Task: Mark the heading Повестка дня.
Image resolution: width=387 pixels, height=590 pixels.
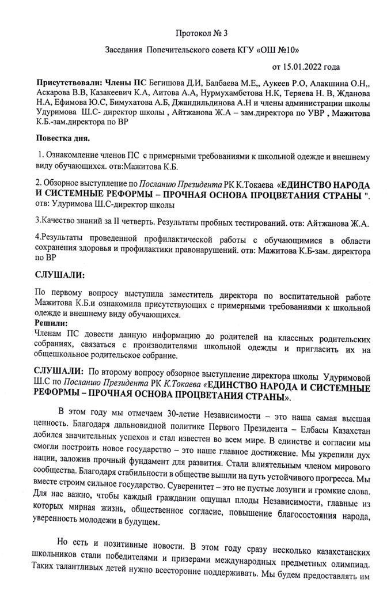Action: click(x=63, y=139)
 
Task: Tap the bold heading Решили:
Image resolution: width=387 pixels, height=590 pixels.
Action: click(x=51, y=323)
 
